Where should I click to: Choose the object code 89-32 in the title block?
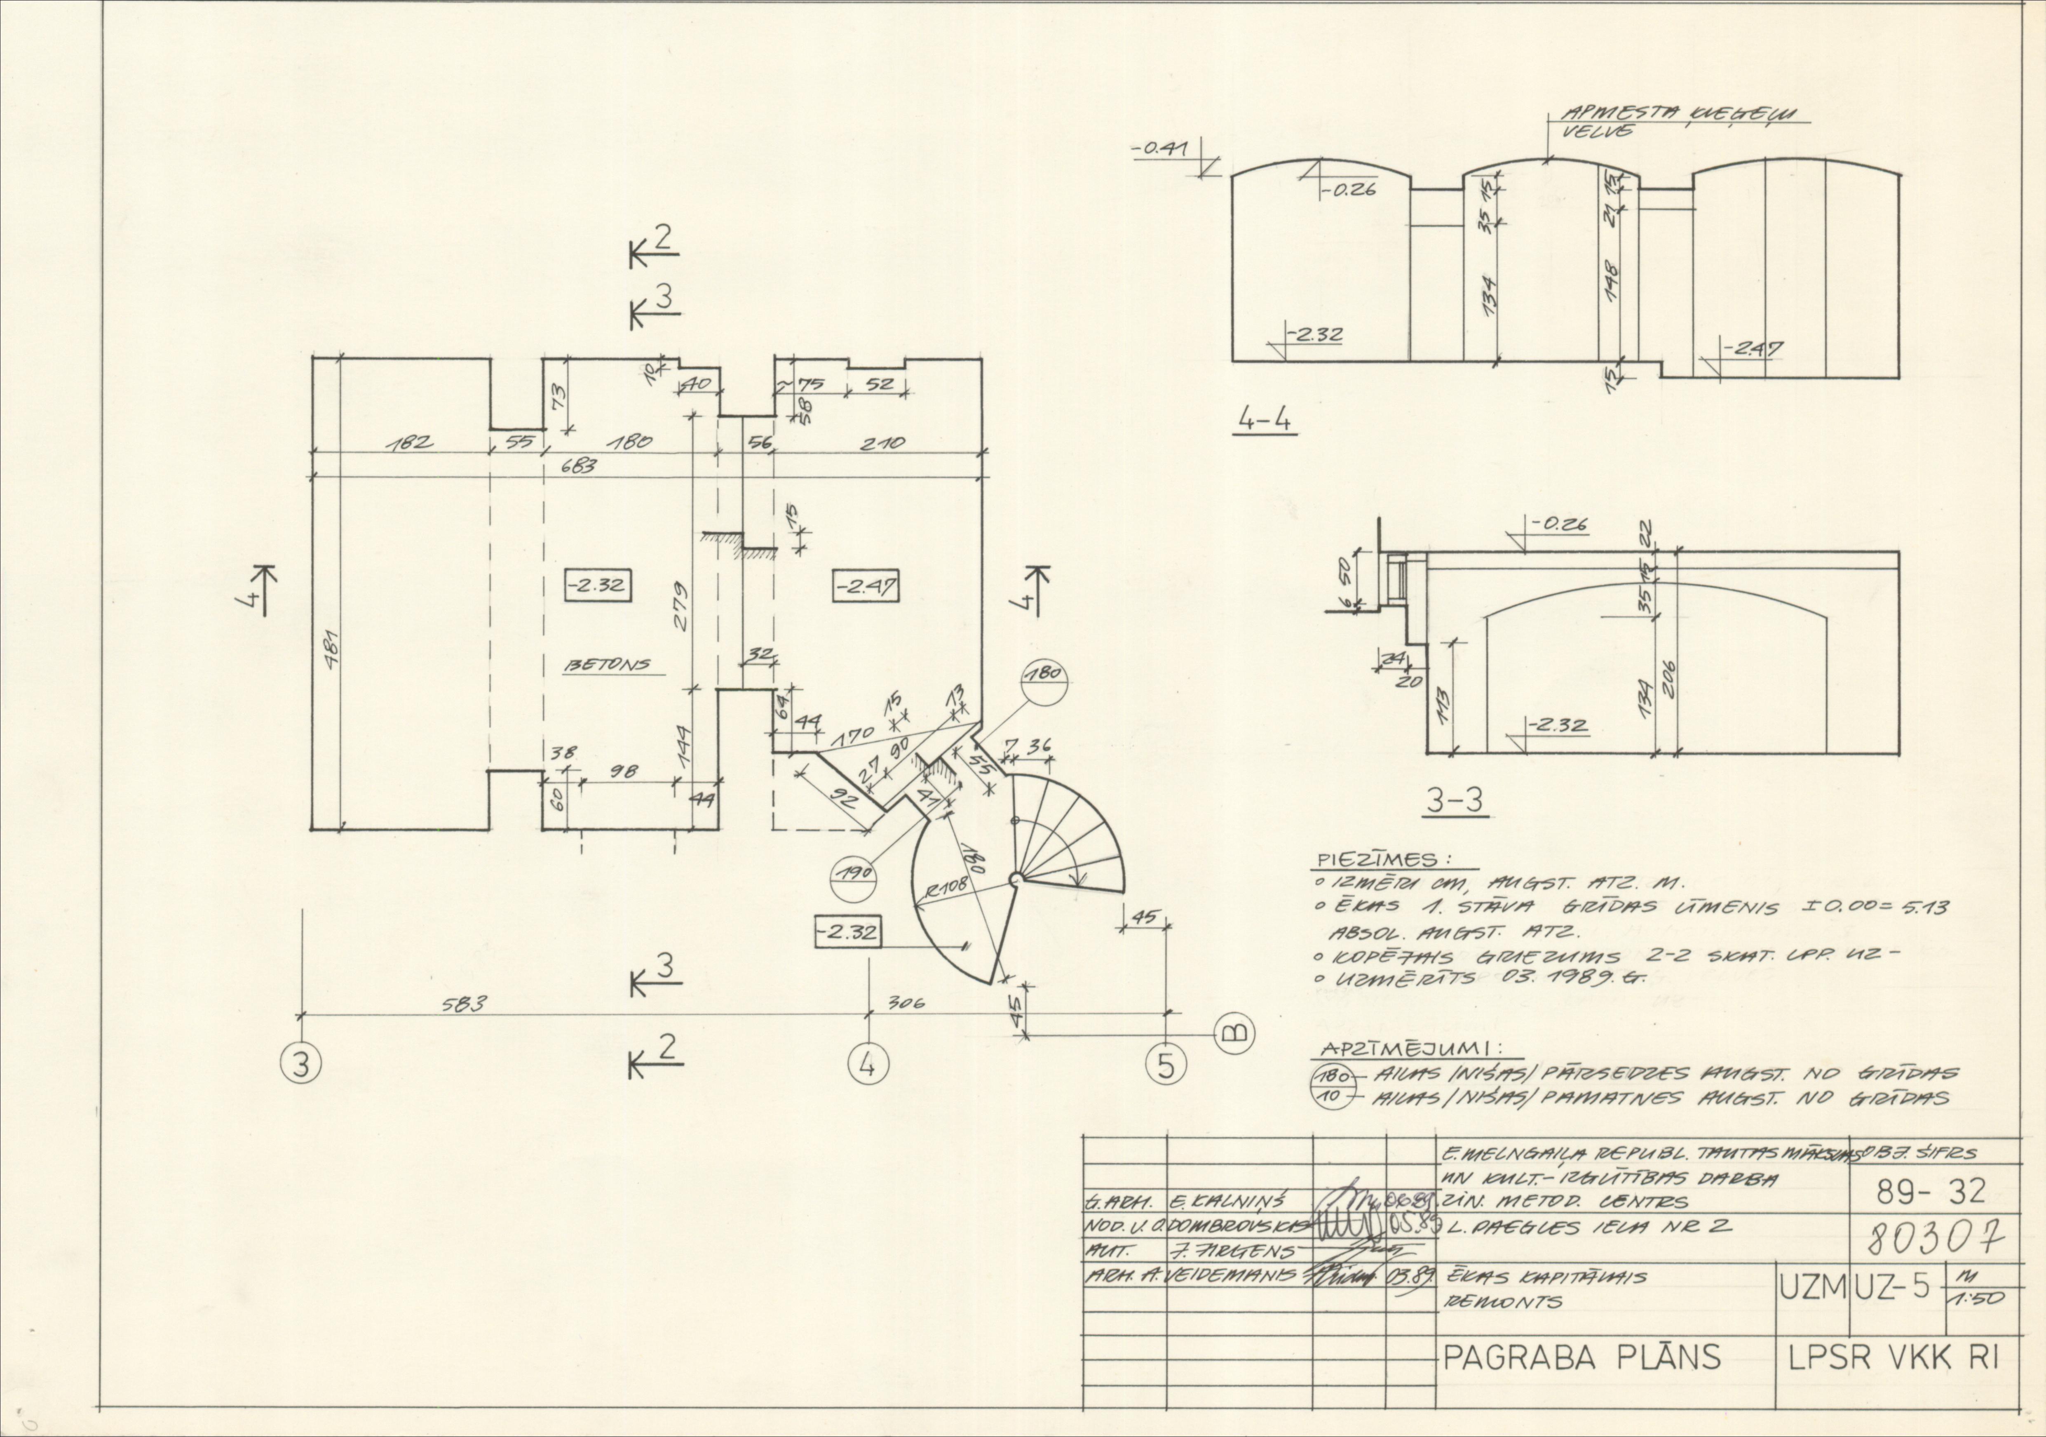pyautogui.click(x=1930, y=1190)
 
